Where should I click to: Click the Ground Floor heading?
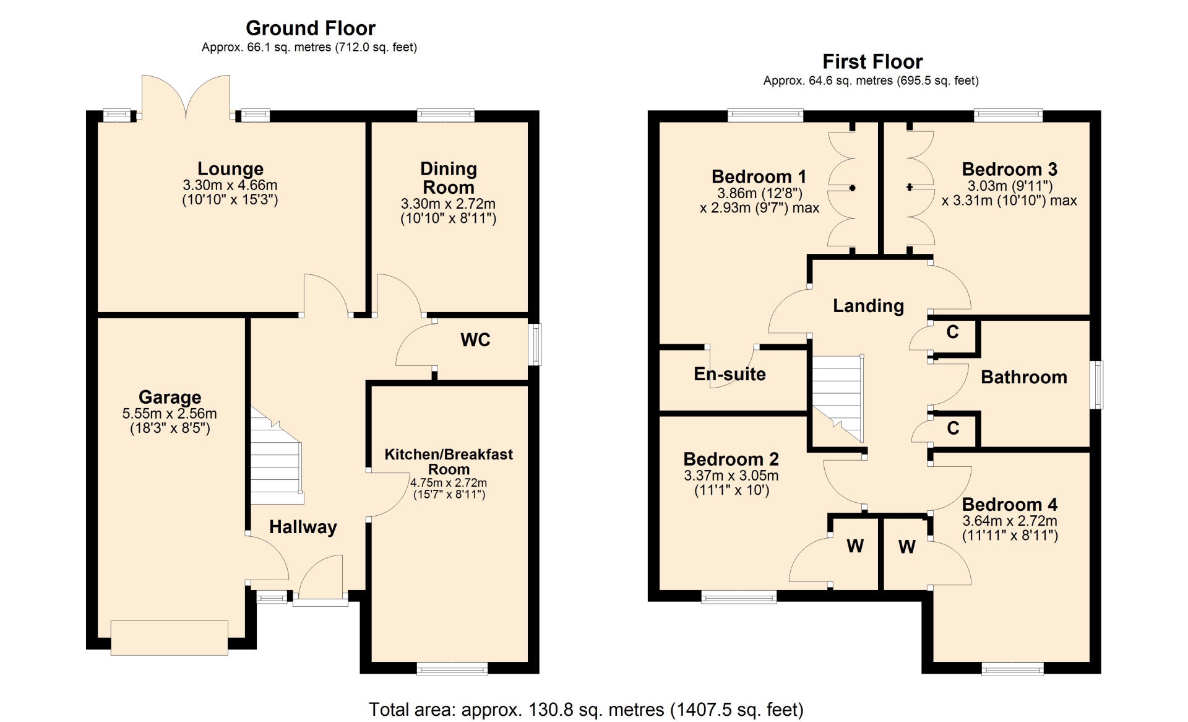point(311,28)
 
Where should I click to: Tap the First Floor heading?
point(872,62)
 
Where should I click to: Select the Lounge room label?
point(230,168)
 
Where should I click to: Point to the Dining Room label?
point(449,178)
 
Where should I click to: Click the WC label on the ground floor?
point(475,339)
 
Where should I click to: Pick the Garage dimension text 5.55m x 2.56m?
point(170,414)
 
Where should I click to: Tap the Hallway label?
point(303,527)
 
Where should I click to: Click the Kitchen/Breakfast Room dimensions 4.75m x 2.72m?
point(449,482)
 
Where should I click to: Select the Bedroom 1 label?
point(760,176)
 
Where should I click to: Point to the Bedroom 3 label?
point(1010,169)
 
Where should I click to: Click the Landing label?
point(869,306)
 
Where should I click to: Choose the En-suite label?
point(730,374)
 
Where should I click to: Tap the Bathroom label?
point(1024,377)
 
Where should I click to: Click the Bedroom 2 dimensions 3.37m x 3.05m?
point(731,476)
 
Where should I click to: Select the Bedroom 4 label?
point(1010,504)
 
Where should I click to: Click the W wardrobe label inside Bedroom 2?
point(855,546)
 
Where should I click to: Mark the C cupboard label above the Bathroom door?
point(953,332)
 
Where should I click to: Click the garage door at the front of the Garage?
point(170,638)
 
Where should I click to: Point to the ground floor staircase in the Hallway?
point(277,456)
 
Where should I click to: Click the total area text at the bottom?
point(586,710)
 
